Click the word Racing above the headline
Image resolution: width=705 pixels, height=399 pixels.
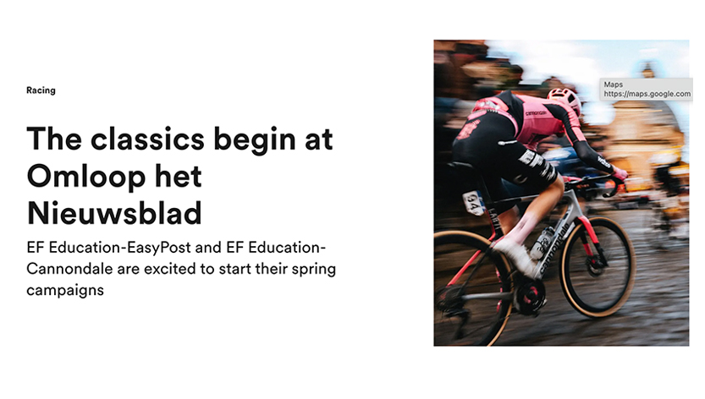41,90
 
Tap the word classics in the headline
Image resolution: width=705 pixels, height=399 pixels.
147,139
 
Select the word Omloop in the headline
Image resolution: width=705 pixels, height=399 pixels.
85,176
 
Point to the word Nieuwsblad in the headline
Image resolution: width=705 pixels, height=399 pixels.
114,213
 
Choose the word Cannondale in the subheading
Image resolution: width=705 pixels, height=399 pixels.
69,269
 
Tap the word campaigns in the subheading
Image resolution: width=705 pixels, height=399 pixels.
65,291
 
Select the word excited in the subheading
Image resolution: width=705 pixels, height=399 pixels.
170,269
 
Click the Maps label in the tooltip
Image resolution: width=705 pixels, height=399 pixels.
614,85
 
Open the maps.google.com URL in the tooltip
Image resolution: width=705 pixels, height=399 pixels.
647,94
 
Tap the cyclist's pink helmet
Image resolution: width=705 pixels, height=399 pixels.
565,99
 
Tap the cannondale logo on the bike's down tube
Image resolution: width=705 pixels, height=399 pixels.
554,247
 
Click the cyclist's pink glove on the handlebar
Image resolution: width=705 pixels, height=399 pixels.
620,173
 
